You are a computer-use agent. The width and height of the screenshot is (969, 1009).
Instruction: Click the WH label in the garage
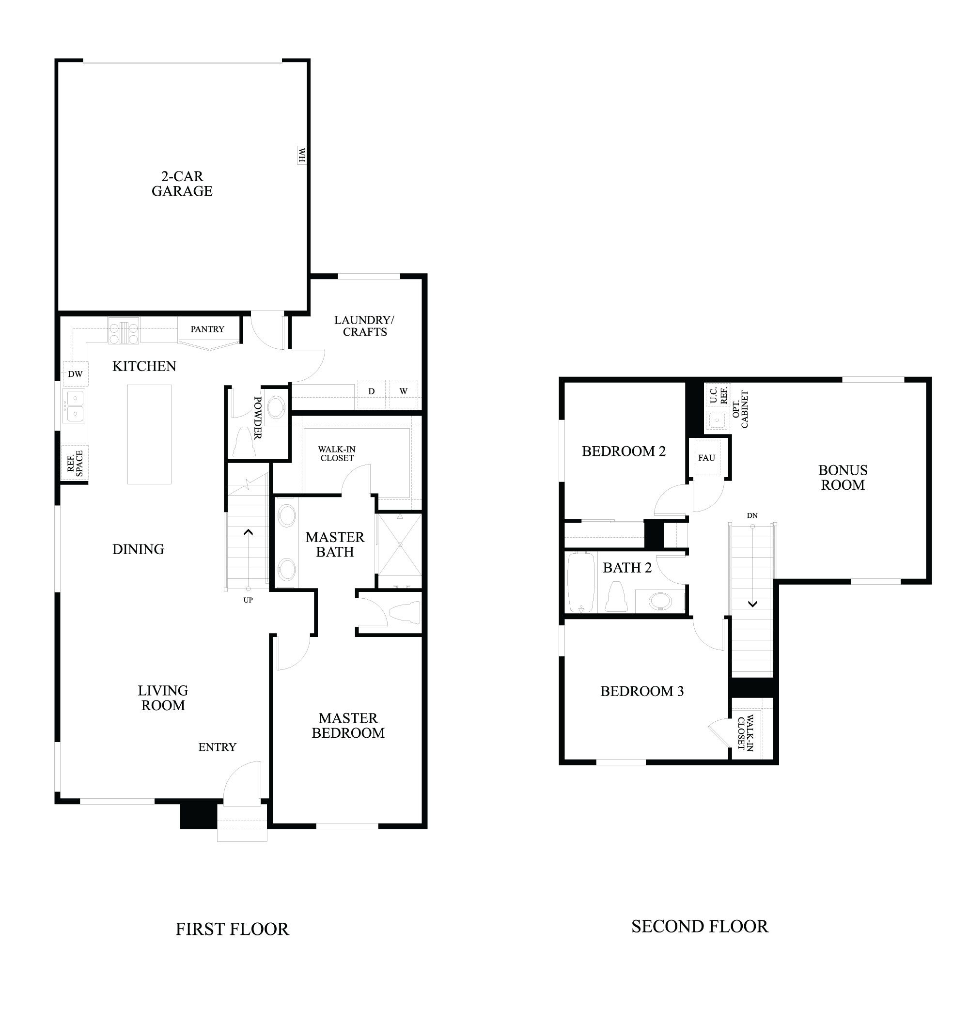(302, 155)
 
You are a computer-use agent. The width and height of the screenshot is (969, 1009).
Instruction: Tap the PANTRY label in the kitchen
(207, 329)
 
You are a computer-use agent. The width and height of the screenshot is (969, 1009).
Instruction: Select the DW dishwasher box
(75, 374)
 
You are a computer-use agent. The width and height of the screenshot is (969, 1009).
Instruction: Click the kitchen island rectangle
(149, 434)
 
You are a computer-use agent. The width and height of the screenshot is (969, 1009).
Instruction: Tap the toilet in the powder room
(244, 443)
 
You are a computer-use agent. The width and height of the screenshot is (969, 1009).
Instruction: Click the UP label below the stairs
(248, 600)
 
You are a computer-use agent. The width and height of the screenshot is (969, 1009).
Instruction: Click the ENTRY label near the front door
(217, 747)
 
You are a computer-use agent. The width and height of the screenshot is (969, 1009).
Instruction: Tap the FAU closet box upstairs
(706, 458)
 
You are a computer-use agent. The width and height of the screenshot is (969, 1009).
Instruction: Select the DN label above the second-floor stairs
(752, 515)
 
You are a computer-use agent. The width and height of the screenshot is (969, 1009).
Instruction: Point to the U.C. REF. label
(718, 395)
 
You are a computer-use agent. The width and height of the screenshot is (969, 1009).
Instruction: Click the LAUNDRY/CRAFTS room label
(364, 326)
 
